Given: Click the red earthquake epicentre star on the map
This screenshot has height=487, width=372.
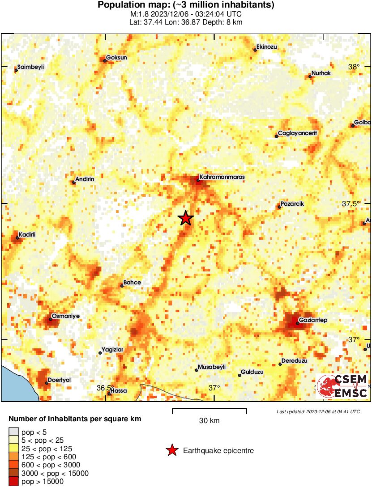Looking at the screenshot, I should click(x=185, y=218).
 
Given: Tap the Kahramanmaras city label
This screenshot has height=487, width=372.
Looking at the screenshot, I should click(x=222, y=177).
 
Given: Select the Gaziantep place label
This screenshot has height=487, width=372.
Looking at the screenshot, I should click(x=314, y=320).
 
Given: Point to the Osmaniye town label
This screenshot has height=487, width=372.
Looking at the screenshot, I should click(x=65, y=316).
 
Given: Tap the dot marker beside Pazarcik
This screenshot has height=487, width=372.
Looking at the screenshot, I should click(x=279, y=207).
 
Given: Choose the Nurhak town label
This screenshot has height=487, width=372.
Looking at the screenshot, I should click(x=321, y=73).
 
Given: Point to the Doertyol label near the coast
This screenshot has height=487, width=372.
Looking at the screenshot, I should click(x=60, y=380).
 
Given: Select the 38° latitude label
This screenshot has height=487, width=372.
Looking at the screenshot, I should click(x=354, y=67).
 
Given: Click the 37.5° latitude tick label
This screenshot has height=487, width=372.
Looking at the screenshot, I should click(x=351, y=203).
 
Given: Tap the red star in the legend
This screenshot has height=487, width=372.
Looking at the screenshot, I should click(x=171, y=450).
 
